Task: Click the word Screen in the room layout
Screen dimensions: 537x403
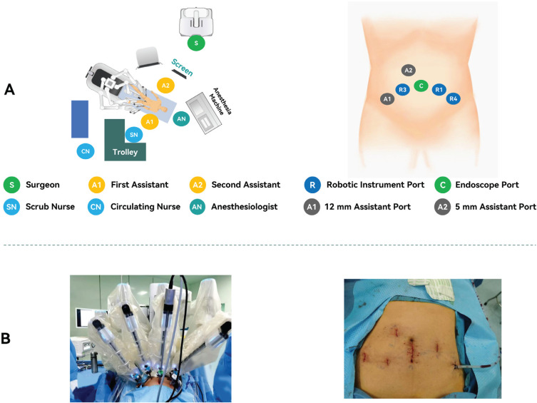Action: (x=183, y=68)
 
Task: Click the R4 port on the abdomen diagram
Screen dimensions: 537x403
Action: (x=453, y=98)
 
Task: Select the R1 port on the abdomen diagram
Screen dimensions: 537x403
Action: (x=439, y=90)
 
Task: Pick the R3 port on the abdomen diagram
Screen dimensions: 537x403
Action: (x=403, y=90)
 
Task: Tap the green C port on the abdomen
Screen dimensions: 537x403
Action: (x=421, y=86)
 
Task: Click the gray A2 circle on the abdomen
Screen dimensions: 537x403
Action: (x=408, y=70)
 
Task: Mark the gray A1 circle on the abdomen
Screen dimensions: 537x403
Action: (x=387, y=99)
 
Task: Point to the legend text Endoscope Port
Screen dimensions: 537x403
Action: (x=487, y=185)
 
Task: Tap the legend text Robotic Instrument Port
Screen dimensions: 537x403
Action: (x=375, y=185)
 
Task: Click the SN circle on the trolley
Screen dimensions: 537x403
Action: (x=132, y=134)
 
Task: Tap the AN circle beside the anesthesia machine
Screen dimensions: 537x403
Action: (x=181, y=118)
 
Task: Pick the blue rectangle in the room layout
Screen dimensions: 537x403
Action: (x=80, y=118)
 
